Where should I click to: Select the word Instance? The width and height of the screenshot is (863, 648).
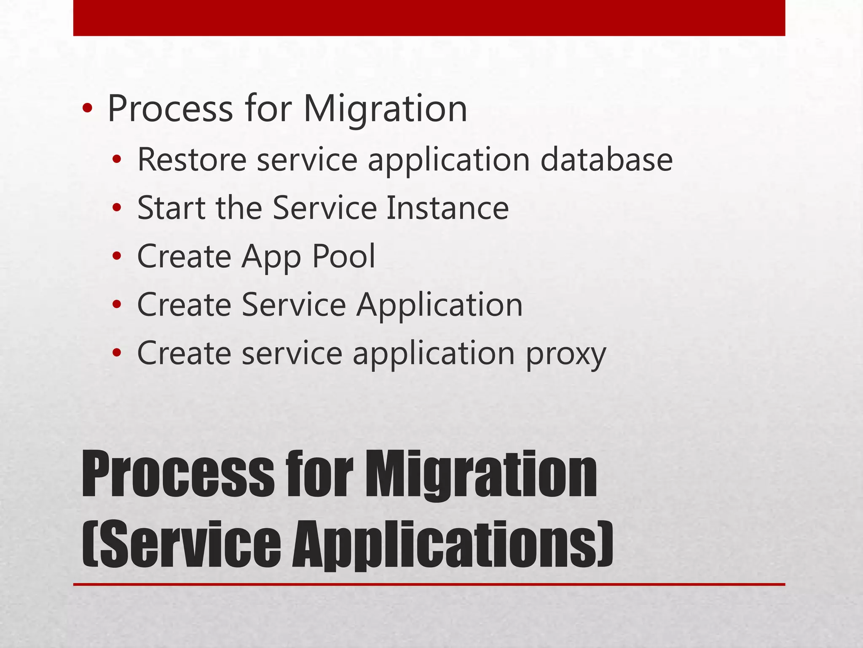point(448,208)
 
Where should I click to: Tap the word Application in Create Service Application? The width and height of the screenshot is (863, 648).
point(440,305)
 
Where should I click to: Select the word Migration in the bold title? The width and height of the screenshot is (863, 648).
point(481,474)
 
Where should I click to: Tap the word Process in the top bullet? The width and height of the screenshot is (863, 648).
point(170,109)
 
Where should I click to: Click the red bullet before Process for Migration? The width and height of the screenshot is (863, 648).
point(87,109)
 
